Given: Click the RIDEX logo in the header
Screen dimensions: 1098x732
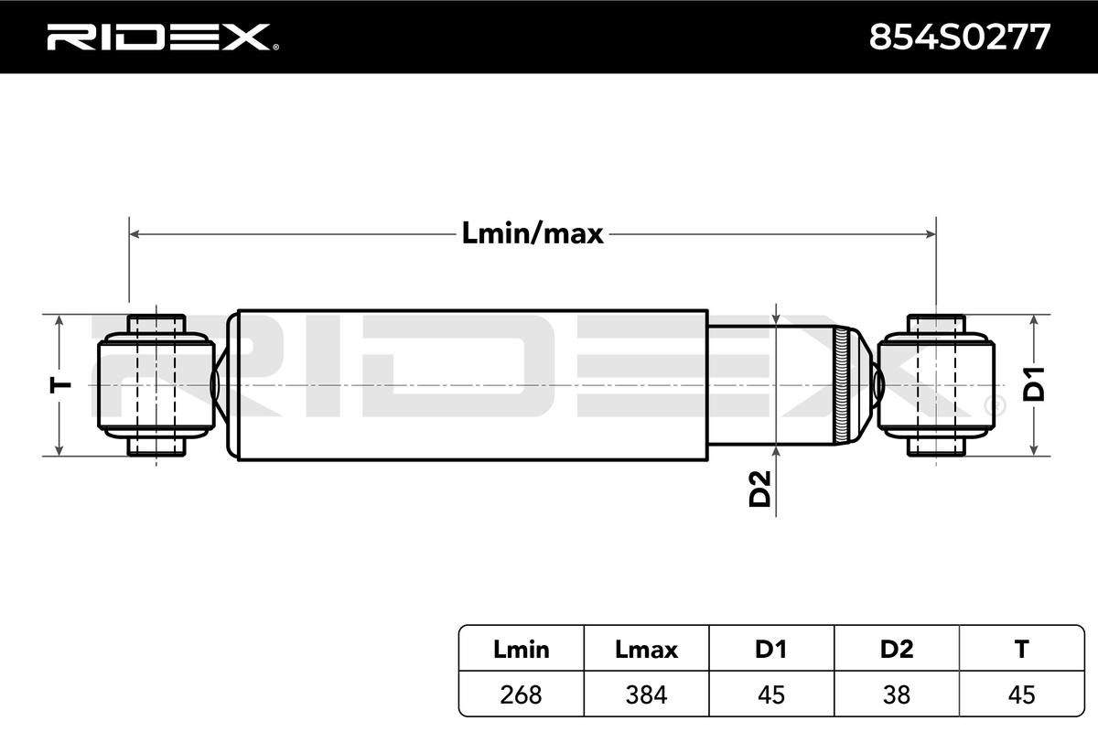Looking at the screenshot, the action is tap(163, 38).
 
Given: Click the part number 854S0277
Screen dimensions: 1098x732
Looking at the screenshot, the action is tap(959, 38).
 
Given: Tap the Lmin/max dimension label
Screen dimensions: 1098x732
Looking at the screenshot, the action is tap(533, 233).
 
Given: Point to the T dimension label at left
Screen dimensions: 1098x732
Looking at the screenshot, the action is tap(60, 385).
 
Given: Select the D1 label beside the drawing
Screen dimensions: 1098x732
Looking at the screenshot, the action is tap(1033, 384).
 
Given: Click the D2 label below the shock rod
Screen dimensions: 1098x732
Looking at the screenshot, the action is tap(759, 489).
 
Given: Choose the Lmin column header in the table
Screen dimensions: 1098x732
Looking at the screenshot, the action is tap(521, 650).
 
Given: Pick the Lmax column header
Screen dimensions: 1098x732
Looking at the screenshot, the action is tap(646, 650).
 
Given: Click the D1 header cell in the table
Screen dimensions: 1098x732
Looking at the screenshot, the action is tap(771, 650).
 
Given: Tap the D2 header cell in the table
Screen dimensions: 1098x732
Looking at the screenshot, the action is tap(897, 650).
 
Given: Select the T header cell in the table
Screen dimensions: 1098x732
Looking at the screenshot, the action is tap(1021, 650).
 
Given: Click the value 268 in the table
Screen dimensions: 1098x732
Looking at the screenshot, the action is tap(521, 694).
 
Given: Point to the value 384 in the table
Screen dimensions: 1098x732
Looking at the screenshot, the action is tap(646, 694).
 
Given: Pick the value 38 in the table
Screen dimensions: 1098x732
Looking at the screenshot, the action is tap(897, 694).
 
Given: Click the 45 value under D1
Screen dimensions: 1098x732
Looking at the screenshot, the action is tap(771, 694).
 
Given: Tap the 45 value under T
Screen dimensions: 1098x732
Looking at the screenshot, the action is tap(1021, 694).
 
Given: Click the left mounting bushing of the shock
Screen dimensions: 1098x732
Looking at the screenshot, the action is tap(156, 385).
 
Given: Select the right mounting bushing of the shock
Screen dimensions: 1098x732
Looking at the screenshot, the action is tap(936, 385).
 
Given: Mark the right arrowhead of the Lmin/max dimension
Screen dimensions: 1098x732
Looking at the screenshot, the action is tap(931, 234).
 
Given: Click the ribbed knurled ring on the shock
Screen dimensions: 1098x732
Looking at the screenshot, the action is tap(841, 385).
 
